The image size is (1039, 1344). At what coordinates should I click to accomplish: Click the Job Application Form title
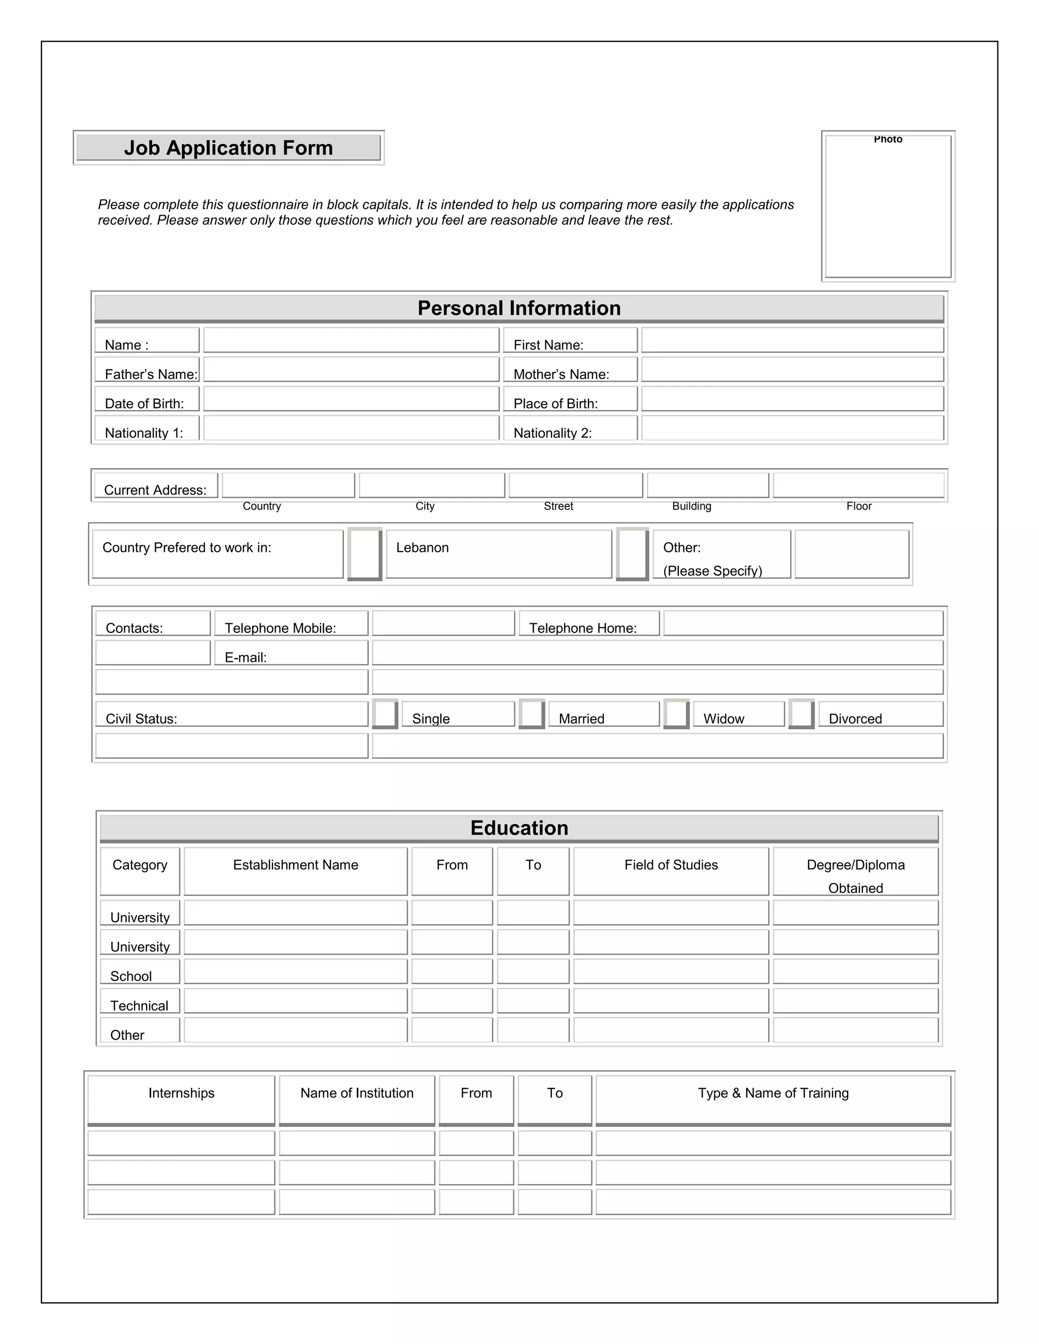pyautogui.click(x=228, y=148)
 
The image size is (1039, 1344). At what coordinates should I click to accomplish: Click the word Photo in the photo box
pyautogui.click(x=888, y=139)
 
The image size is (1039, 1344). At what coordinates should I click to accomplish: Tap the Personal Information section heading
pyautogui.click(x=519, y=308)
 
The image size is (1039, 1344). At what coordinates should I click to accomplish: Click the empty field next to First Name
pyautogui.click(x=792, y=340)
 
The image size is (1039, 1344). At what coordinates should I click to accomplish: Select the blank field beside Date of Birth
pyautogui.click(x=351, y=399)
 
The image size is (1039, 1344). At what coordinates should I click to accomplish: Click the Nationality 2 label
pyautogui.click(x=552, y=433)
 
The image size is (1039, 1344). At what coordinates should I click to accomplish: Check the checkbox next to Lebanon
pyautogui.click(x=364, y=553)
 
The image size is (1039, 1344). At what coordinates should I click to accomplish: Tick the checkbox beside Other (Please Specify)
pyautogui.click(x=632, y=553)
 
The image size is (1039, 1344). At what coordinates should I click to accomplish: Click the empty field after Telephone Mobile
pyautogui.click(x=443, y=623)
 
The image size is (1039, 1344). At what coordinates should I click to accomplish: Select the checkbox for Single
pyautogui.click(x=386, y=714)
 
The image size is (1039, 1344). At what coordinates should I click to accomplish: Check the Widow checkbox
pyautogui.click(x=676, y=714)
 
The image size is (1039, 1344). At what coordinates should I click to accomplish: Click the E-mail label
pyautogui.click(x=246, y=657)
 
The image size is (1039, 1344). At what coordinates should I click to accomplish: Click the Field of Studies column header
pyautogui.click(x=671, y=865)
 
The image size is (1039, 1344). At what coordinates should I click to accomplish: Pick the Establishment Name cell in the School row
pyautogui.click(x=295, y=972)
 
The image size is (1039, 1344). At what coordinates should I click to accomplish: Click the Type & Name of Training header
pyautogui.click(x=773, y=1093)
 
